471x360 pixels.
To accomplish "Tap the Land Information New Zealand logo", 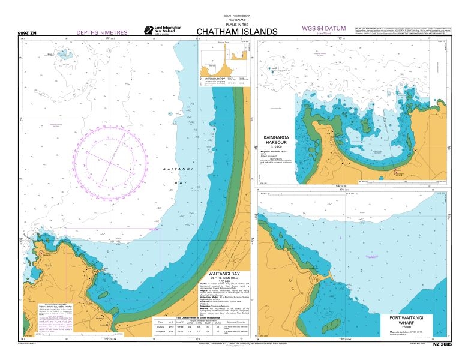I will click(x=158, y=29).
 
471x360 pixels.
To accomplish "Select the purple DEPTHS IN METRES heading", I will click(x=102, y=33).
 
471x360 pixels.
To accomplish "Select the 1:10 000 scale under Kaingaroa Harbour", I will click(x=275, y=147).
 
